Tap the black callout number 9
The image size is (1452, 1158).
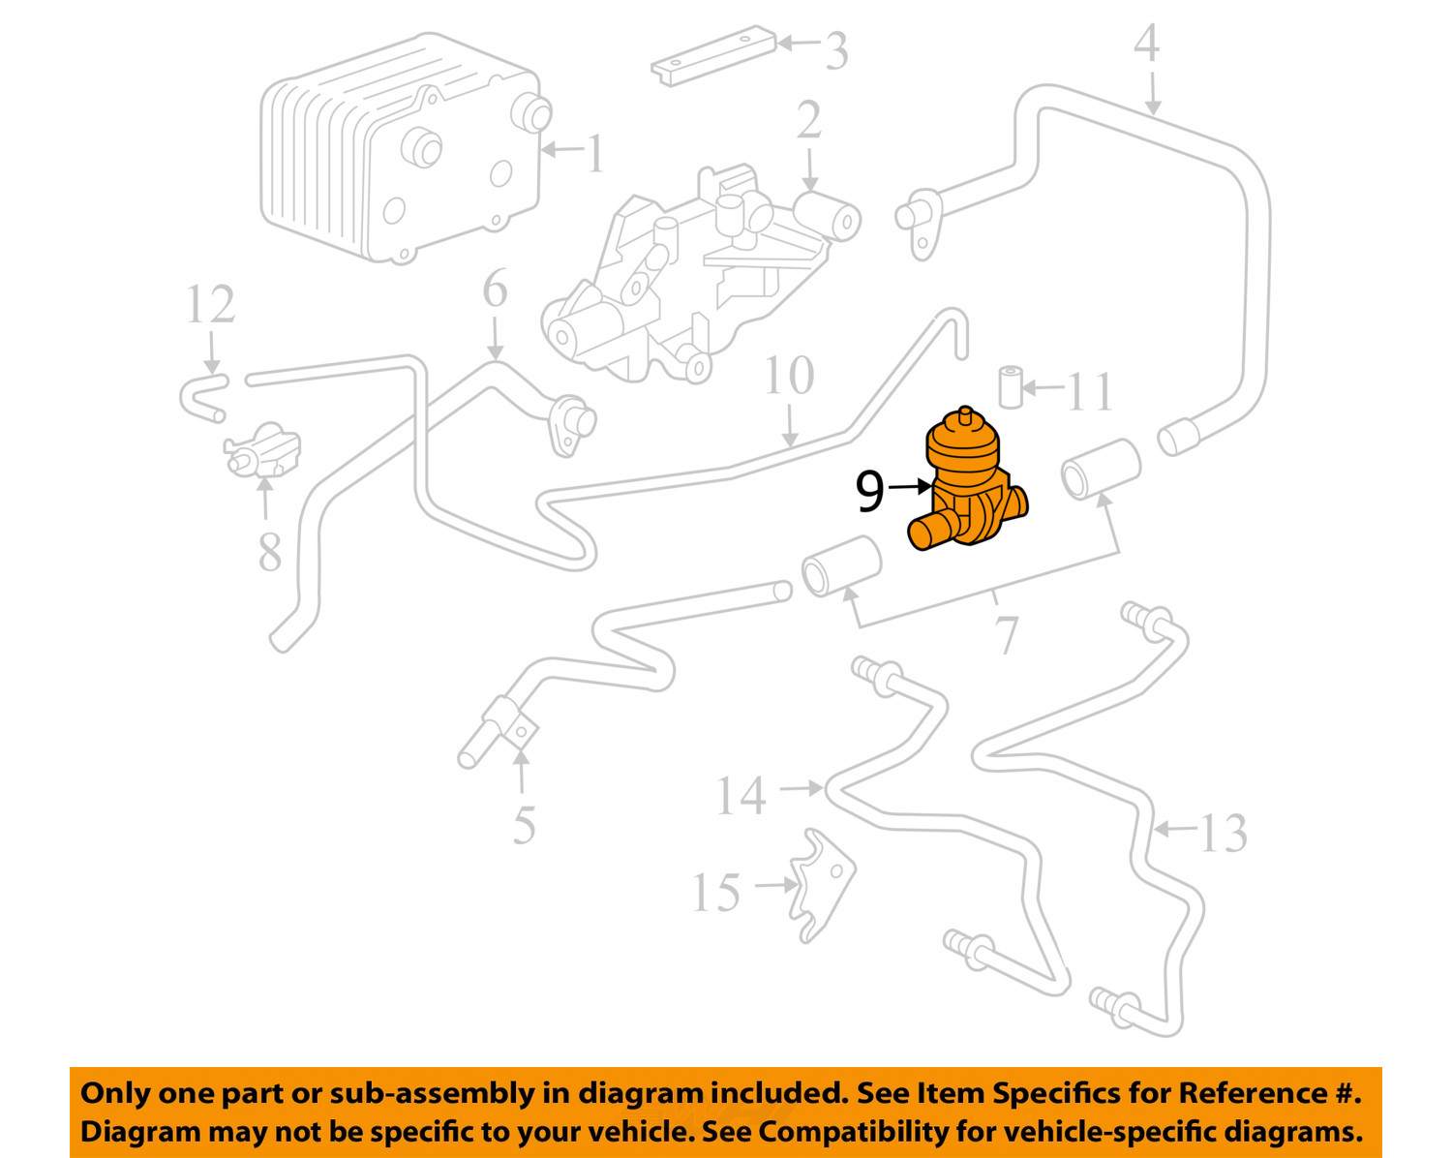point(869,491)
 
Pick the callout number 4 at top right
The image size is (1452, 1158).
point(1146,44)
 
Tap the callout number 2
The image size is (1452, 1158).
point(809,121)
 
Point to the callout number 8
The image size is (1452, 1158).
point(269,552)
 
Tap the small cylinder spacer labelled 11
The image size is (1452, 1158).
point(1010,387)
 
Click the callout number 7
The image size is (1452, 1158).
point(1007,634)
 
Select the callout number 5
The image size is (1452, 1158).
point(524,825)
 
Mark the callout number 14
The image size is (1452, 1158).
point(741,796)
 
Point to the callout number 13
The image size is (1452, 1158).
point(1223,833)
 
